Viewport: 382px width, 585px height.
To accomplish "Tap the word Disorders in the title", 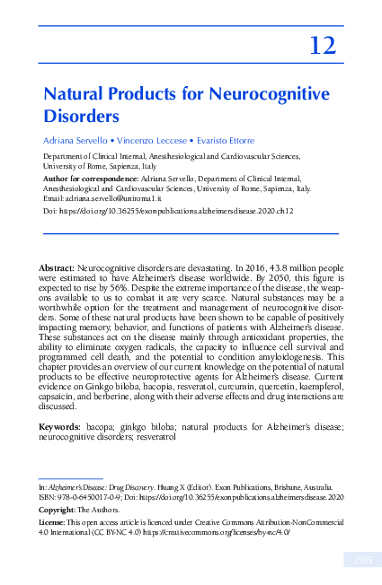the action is point(82,115).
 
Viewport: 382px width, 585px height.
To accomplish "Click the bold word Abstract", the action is point(57,268).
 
